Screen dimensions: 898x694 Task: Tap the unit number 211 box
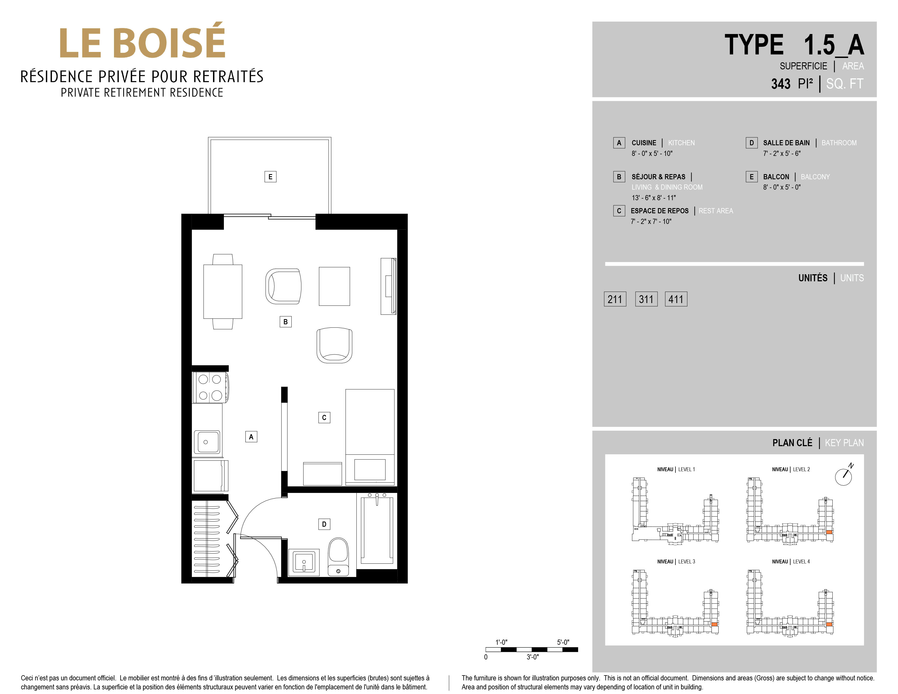tap(615, 299)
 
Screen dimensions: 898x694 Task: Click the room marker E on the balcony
tap(270, 177)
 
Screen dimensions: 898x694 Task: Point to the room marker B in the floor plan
tap(285, 322)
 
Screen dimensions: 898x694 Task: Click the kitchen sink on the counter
tap(206, 442)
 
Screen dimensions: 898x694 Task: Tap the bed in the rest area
tap(370, 437)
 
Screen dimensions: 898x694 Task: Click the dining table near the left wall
tap(223, 291)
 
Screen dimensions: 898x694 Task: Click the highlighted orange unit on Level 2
tap(829, 532)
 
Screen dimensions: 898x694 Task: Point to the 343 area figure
tap(781, 84)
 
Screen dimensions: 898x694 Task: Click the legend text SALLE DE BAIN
tap(786, 143)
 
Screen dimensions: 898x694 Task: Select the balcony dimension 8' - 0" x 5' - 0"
tap(782, 187)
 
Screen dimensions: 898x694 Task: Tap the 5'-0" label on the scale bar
tap(563, 642)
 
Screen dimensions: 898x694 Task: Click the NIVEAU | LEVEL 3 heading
tap(676, 562)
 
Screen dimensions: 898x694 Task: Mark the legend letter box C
tap(619, 211)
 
